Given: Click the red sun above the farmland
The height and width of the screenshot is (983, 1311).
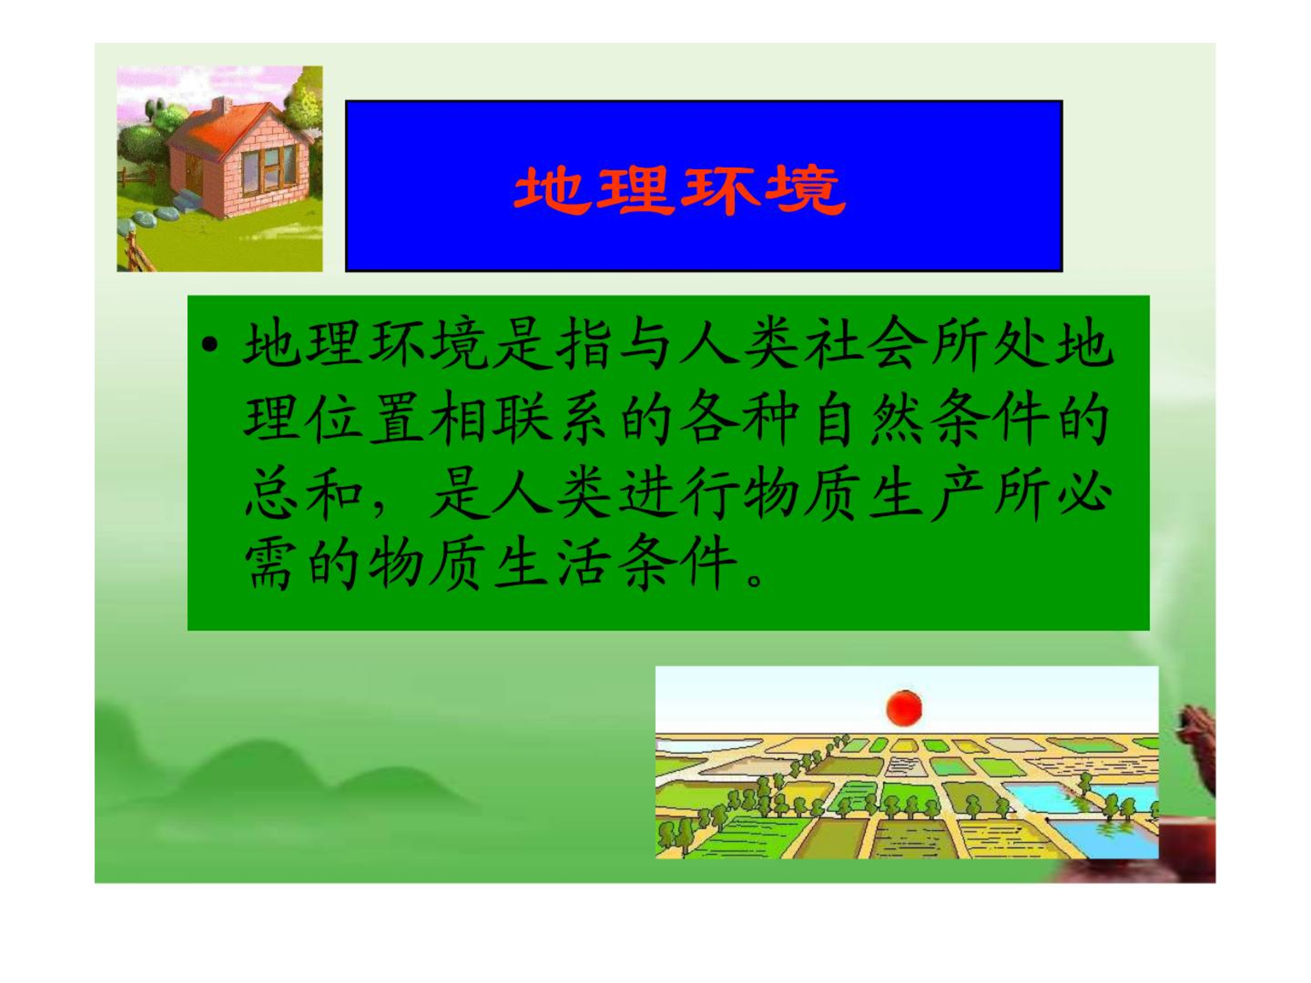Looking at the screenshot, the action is coord(904,708).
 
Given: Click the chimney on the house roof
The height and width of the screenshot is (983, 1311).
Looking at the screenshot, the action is coord(221,106).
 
